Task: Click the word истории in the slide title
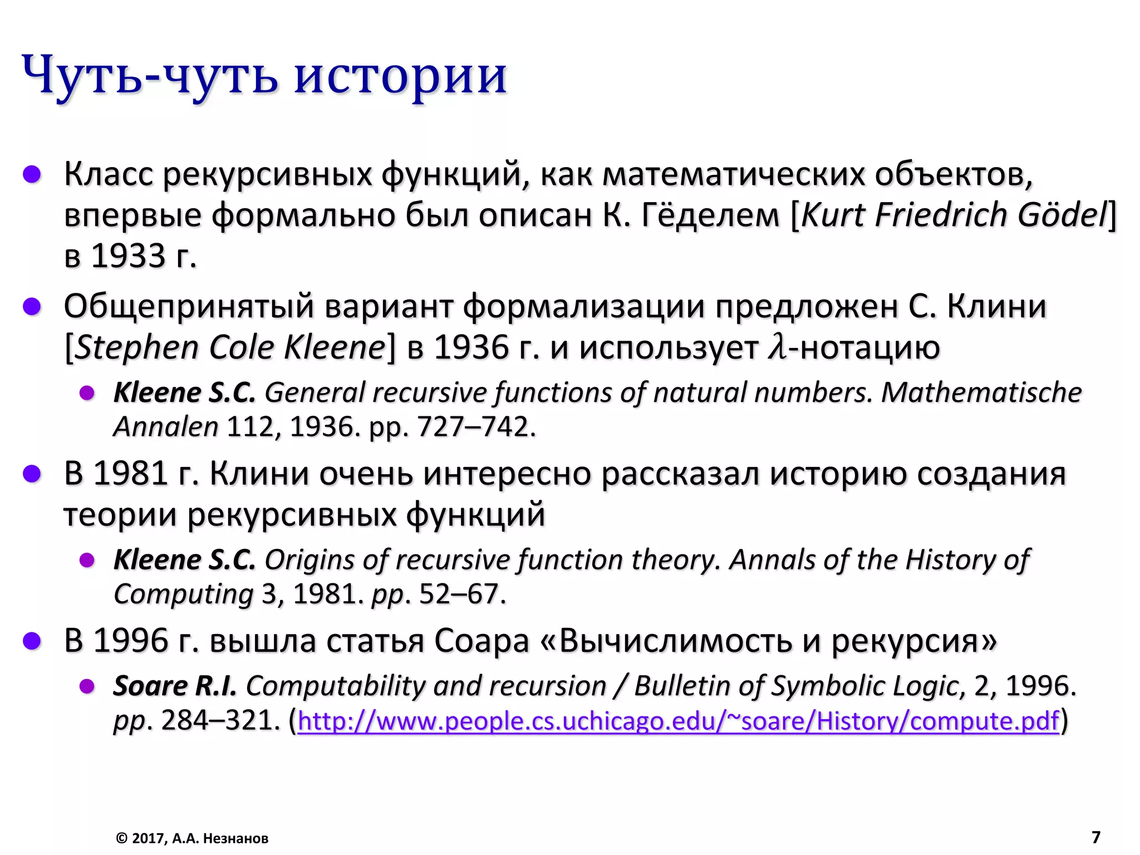[400, 75]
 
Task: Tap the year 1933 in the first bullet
[128, 257]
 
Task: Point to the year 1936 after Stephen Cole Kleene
[471, 348]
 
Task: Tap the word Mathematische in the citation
[981, 392]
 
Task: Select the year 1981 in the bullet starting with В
[130, 474]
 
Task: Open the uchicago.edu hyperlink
[678, 721]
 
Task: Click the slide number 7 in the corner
[1095, 837]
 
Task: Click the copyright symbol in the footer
[121, 838]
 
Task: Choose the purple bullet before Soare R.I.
[87, 686]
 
